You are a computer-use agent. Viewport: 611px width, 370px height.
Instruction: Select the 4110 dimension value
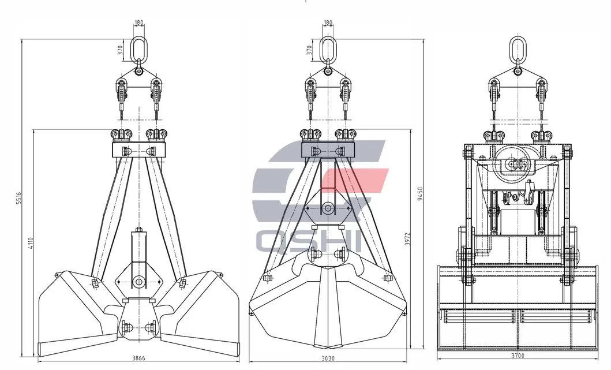(31, 244)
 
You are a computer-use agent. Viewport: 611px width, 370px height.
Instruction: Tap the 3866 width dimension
(138, 358)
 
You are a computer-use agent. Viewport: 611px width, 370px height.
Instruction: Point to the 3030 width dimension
(328, 358)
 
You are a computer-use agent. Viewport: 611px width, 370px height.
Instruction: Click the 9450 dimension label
(419, 194)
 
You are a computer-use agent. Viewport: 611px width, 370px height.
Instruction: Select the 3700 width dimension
(518, 355)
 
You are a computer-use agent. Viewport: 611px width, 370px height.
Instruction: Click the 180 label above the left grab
(138, 23)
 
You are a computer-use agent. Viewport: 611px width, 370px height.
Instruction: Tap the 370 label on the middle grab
(309, 50)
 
